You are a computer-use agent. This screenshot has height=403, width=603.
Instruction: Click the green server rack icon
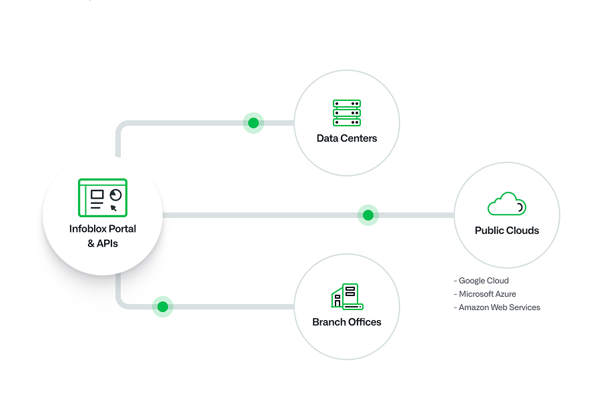[x=347, y=113]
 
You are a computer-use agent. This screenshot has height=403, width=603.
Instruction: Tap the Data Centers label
[x=347, y=138]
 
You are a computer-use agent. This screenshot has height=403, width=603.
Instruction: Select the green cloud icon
[x=507, y=204]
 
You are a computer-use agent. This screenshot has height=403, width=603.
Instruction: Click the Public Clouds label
[x=507, y=231]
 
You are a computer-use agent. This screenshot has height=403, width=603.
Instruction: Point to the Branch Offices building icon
[x=347, y=297]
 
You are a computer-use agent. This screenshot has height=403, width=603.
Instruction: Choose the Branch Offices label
[x=347, y=322]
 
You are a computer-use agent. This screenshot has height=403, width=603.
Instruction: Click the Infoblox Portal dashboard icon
[x=103, y=198]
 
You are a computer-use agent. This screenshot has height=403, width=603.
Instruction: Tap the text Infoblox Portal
[x=103, y=229]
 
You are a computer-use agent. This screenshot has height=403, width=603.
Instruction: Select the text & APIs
[x=103, y=243]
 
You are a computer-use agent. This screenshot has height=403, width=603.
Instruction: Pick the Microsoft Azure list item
[x=486, y=294]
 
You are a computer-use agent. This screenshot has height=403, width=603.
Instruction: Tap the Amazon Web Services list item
[x=498, y=307]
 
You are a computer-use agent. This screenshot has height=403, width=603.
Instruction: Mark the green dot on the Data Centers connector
[x=253, y=123]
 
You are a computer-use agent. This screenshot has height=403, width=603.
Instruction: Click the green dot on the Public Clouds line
[x=368, y=215]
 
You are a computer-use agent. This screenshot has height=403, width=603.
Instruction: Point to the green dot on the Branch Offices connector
[x=162, y=307]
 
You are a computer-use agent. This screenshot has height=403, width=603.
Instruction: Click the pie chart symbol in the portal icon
[x=116, y=194]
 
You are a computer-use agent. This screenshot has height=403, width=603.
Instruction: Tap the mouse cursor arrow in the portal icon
[x=113, y=208]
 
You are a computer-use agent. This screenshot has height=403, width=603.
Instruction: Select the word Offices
[x=364, y=322]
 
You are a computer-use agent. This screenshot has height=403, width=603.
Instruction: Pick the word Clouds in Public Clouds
[x=523, y=231]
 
